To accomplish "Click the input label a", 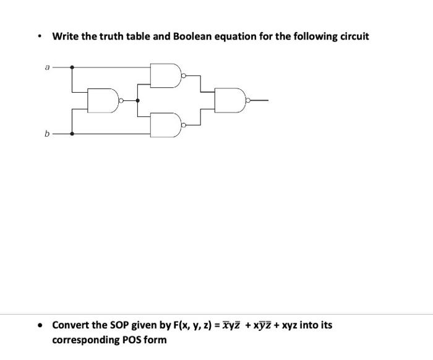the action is pos(46,66).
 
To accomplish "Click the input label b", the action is pos(46,133).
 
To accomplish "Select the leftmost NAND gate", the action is pos(103,100).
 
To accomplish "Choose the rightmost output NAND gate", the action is pos(230,100).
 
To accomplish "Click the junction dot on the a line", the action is pos(73,66).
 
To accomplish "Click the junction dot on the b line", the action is pos(73,133).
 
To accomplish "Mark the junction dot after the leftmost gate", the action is pos(137,100).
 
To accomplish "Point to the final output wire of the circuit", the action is pos(259,100).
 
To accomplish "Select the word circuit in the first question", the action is pos(352,36).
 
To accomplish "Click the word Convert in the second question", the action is pos(72,325).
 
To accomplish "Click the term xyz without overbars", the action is pos(288,325).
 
